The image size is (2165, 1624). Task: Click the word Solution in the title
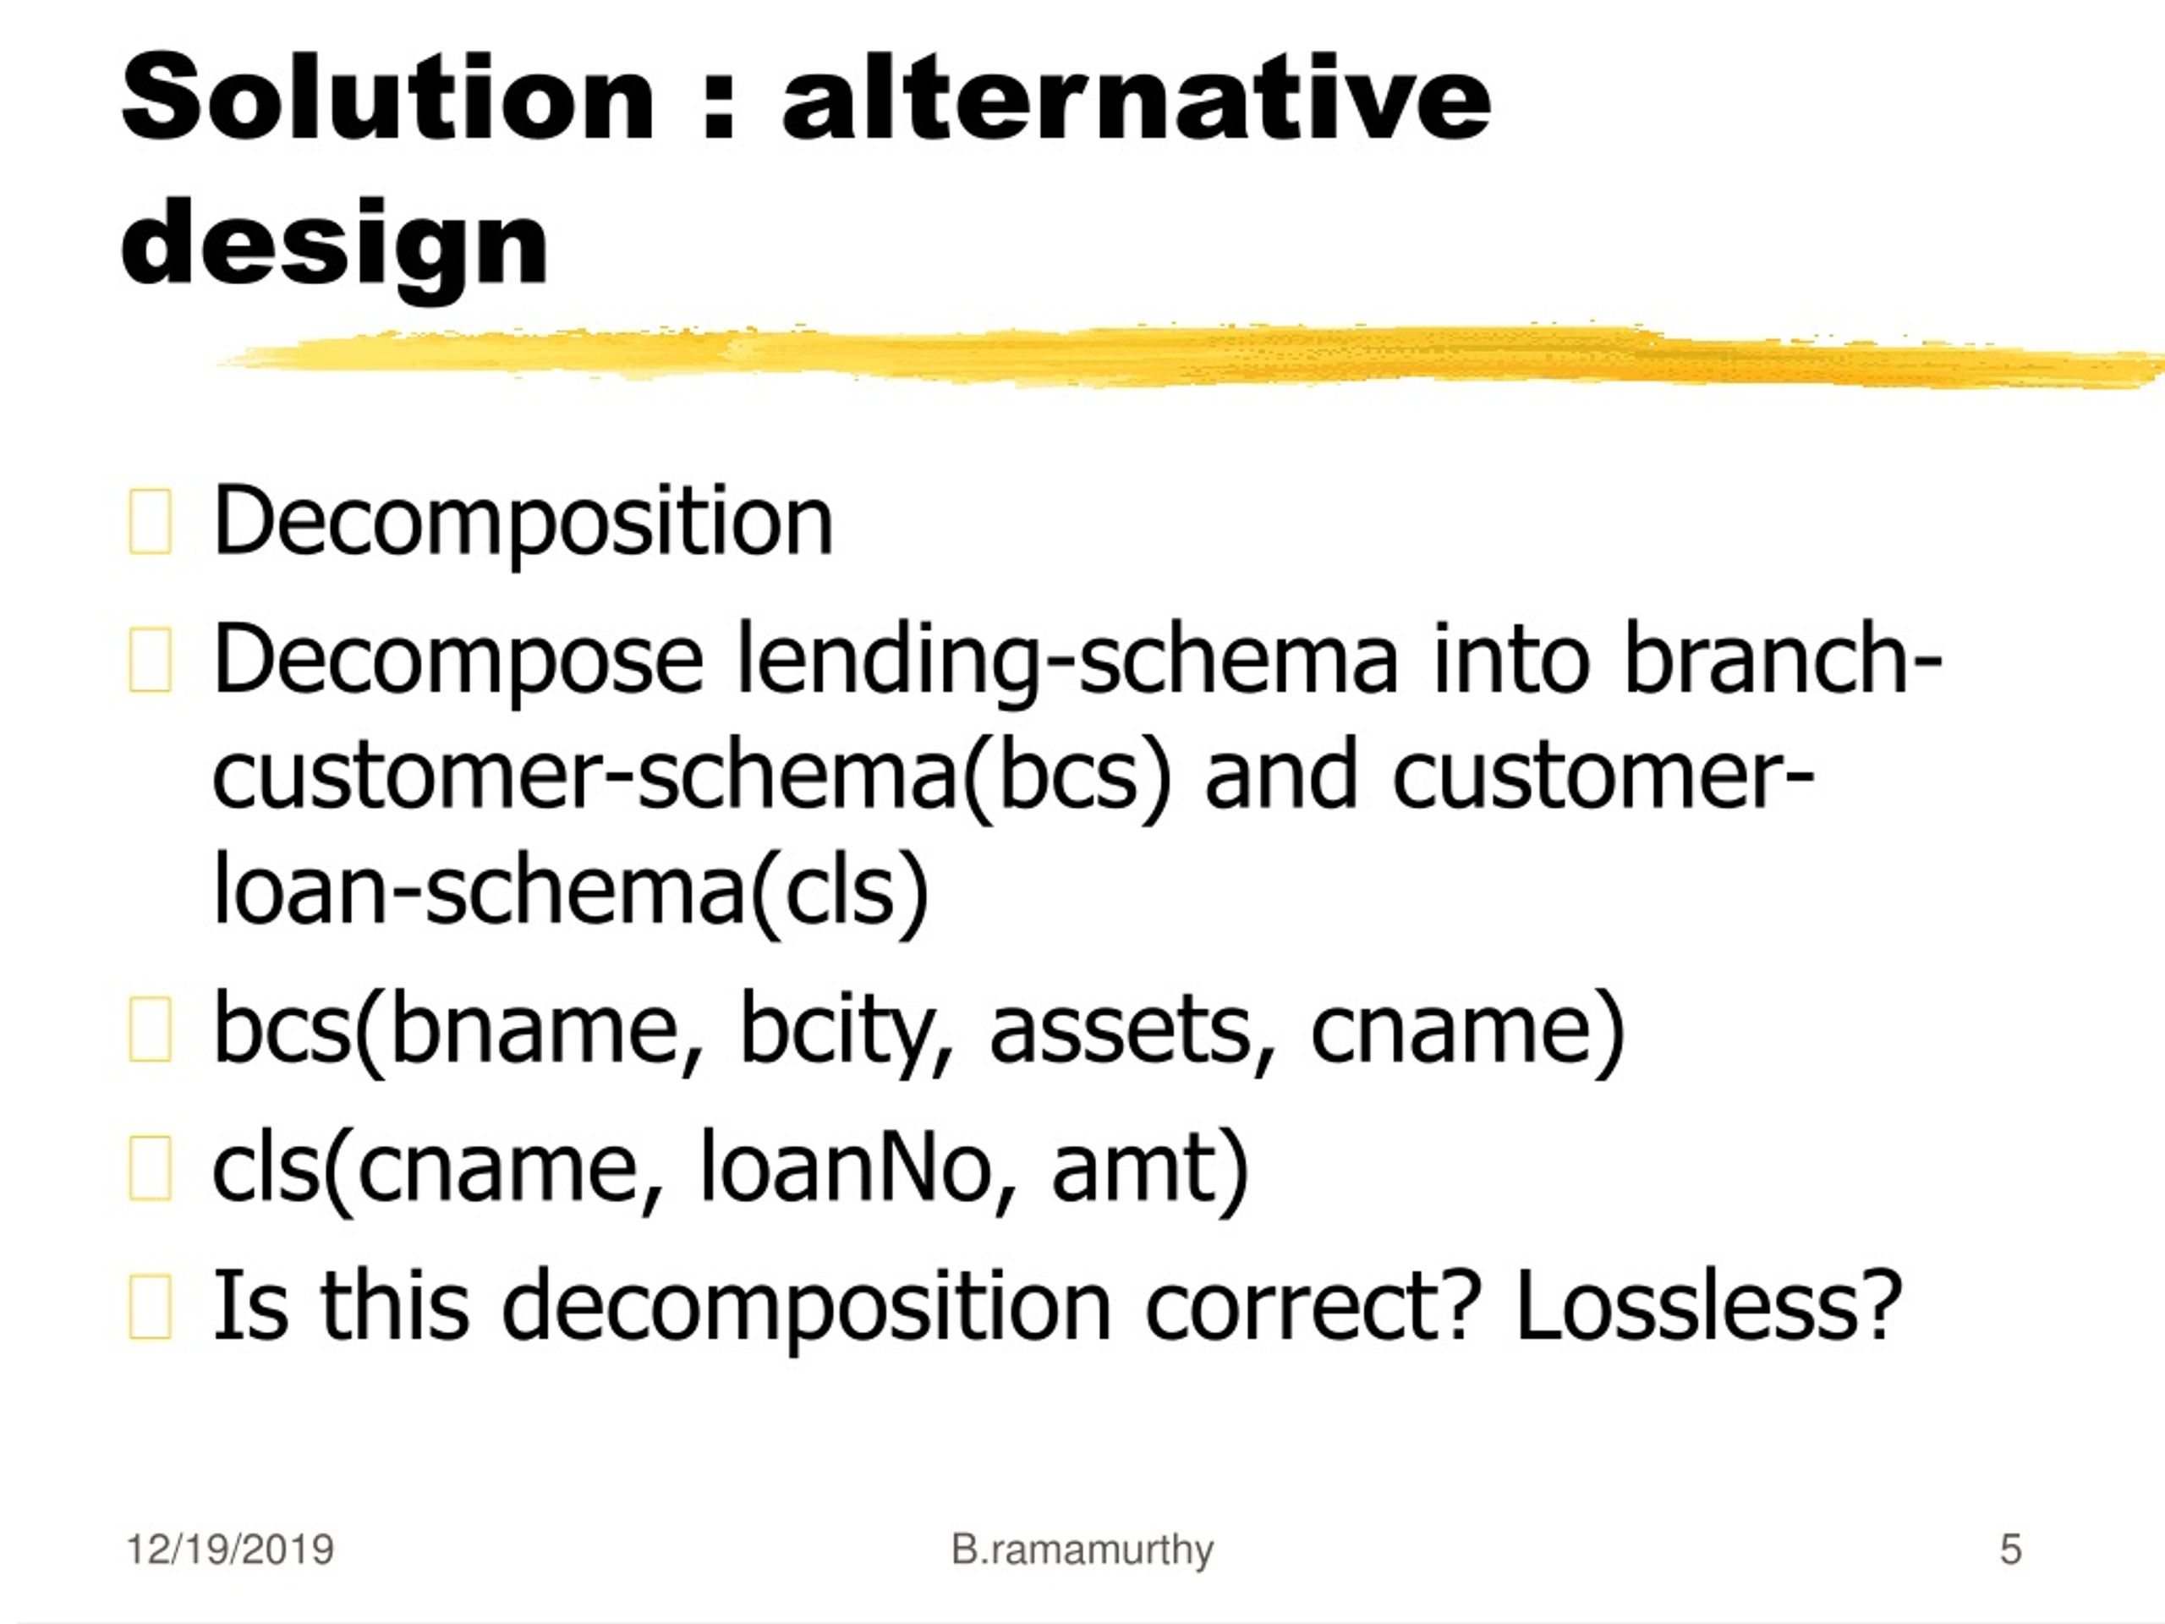point(387,96)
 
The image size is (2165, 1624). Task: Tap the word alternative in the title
point(1137,96)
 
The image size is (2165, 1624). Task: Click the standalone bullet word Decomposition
point(523,523)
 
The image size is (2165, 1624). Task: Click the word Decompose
point(458,661)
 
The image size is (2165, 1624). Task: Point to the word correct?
point(1309,1307)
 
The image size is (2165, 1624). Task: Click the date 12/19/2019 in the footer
point(230,1550)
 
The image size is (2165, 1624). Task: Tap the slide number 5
point(2010,1550)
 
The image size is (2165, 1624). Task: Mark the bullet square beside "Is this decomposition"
point(150,1306)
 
